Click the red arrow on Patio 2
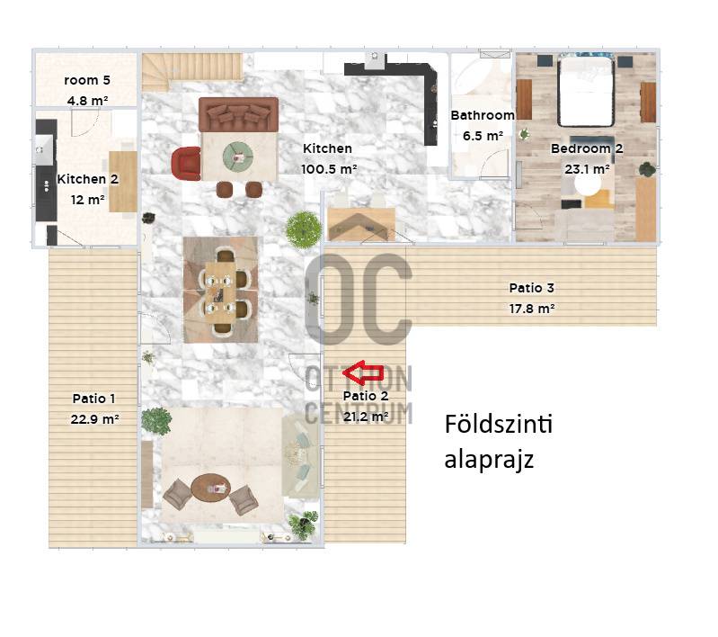point(363,372)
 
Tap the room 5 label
point(87,80)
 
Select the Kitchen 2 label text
point(87,179)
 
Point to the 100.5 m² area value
point(329,169)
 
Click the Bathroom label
point(483,115)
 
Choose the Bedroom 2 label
point(587,148)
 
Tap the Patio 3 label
point(532,288)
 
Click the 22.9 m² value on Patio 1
point(94,419)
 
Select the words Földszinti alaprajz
point(498,441)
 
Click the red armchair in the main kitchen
point(186,163)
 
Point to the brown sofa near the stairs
point(238,114)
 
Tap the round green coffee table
point(237,156)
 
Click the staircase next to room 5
point(191,71)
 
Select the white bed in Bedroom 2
point(586,90)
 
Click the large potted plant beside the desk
point(303,229)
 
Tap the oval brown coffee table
point(210,489)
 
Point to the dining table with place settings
point(220,291)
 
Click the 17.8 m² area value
point(532,309)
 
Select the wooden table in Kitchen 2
point(123,182)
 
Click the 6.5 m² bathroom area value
point(483,136)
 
